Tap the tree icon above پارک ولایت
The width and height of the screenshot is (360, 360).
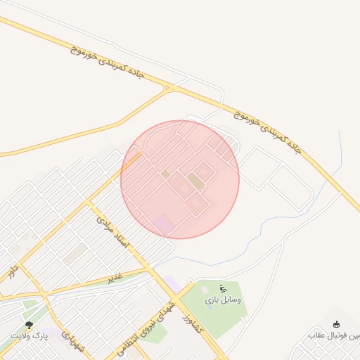point(29,325)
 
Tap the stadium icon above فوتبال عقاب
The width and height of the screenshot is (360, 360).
point(336,324)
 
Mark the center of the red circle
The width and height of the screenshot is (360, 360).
point(180,179)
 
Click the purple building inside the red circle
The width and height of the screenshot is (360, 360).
point(162,224)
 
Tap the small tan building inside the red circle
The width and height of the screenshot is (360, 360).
point(166,174)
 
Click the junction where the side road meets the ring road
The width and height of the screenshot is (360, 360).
point(170,89)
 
